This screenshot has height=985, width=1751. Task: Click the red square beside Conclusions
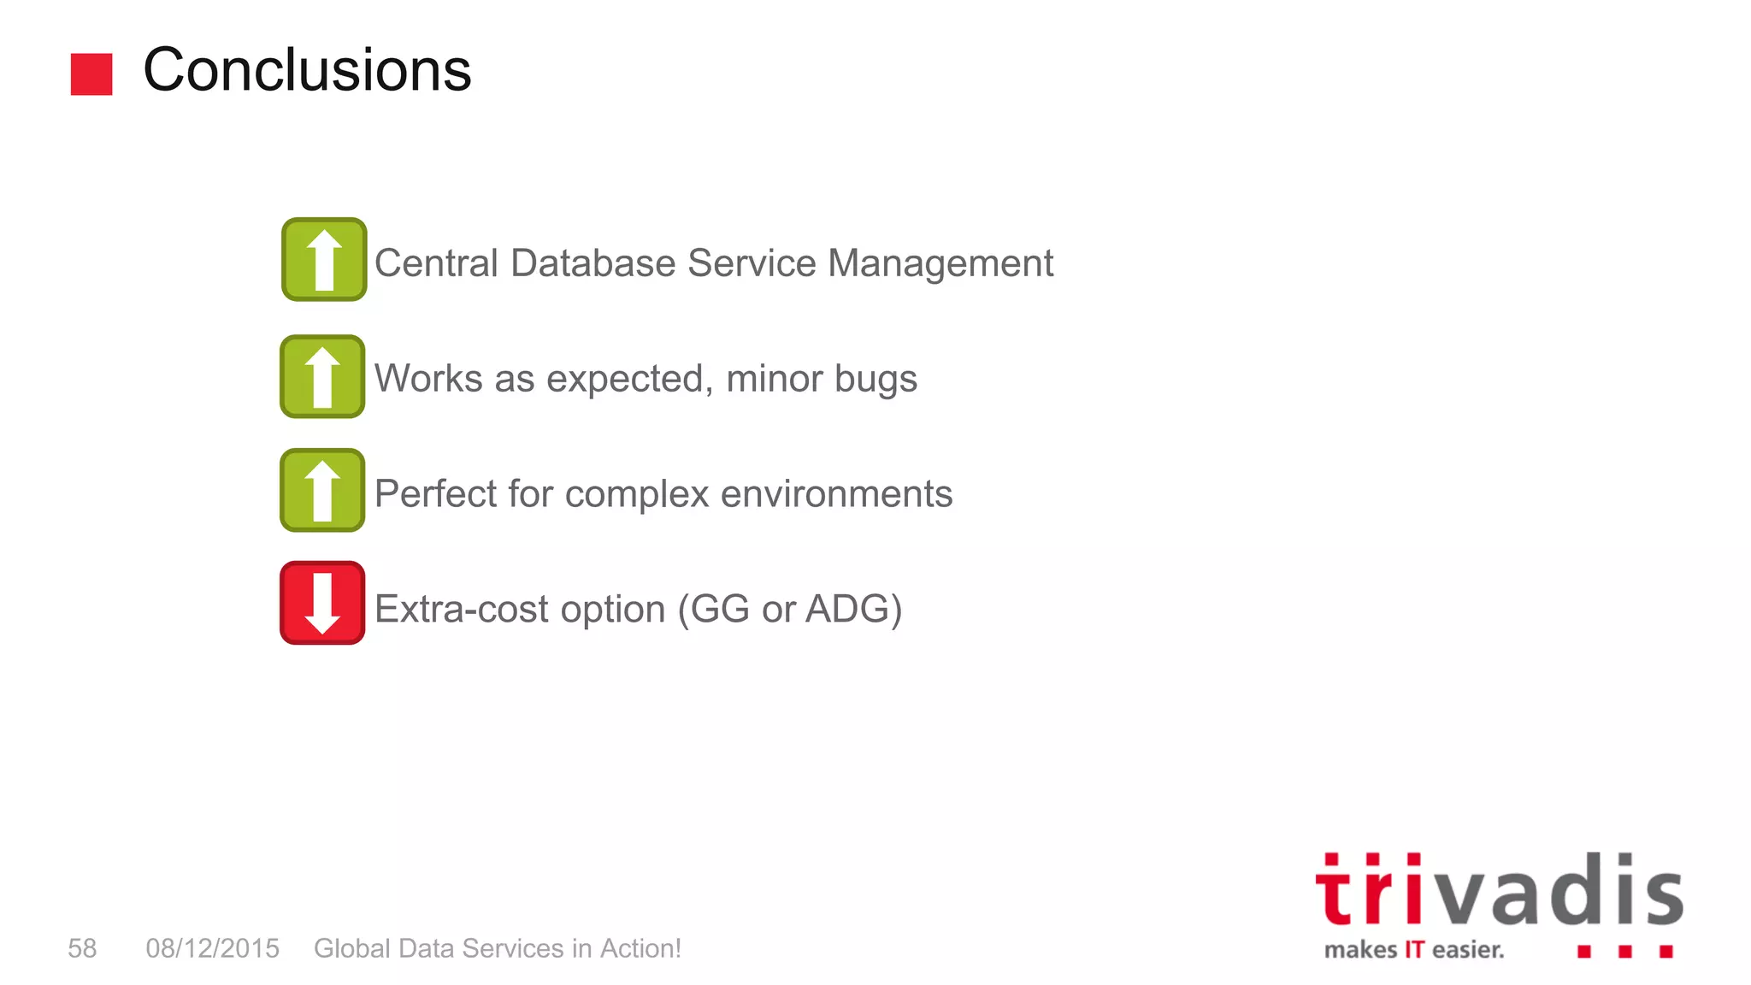click(x=91, y=74)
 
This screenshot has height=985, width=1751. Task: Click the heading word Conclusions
click(x=307, y=70)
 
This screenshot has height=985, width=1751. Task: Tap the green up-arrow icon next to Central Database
click(x=324, y=260)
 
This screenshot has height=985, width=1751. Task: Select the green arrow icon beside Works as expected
click(x=322, y=377)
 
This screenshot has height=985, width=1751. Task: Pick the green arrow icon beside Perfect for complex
click(x=322, y=491)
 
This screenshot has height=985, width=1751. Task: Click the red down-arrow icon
click(x=322, y=604)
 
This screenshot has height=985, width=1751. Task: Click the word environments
click(x=836, y=494)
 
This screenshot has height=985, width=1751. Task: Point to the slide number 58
click(x=82, y=948)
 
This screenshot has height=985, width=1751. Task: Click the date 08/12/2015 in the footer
click(x=212, y=948)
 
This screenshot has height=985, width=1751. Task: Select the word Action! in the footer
click(x=640, y=948)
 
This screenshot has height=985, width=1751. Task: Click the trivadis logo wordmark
click(x=1499, y=893)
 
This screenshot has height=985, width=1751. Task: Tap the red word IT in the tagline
click(x=1414, y=950)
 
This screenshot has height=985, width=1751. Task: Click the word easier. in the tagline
click(x=1467, y=950)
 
